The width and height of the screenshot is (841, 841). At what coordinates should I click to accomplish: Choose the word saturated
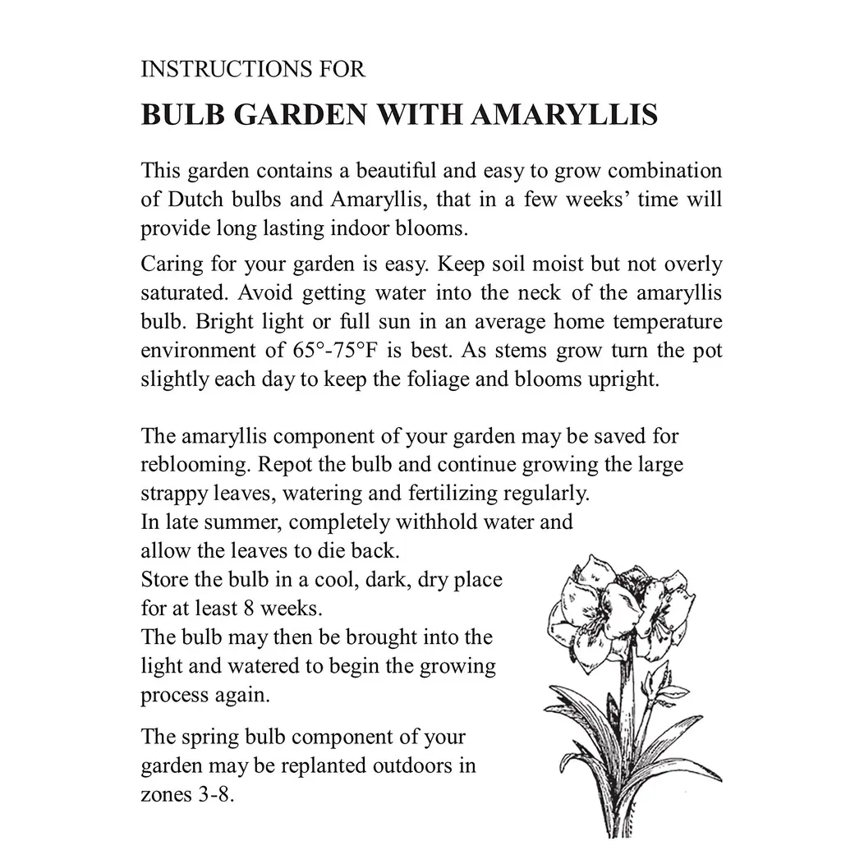pos(179,293)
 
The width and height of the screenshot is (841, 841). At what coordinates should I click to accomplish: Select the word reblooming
pos(195,465)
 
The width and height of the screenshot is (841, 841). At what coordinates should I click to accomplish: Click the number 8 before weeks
pos(250,609)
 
